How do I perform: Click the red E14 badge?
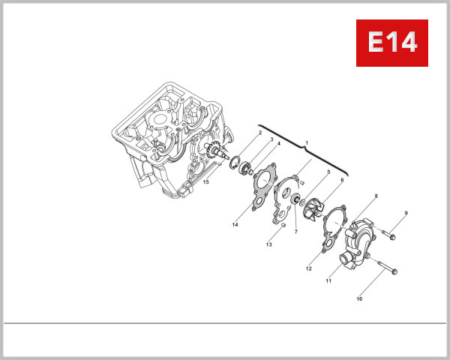pos(391,43)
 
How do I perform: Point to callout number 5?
pos(328,172)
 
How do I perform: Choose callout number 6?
pos(342,179)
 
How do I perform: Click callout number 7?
pos(295,232)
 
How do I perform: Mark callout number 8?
pos(376,196)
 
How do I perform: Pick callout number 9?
pos(406,214)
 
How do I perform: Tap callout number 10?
pos(359,298)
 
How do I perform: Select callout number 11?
pos(328,280)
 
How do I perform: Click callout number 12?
pos(308,268)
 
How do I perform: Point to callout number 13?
pos(268,244)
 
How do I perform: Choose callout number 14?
pos(235,224)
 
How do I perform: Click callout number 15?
pos(206,182)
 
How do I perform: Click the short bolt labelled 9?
pos(386,235)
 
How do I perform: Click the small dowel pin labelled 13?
pos(284,226)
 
